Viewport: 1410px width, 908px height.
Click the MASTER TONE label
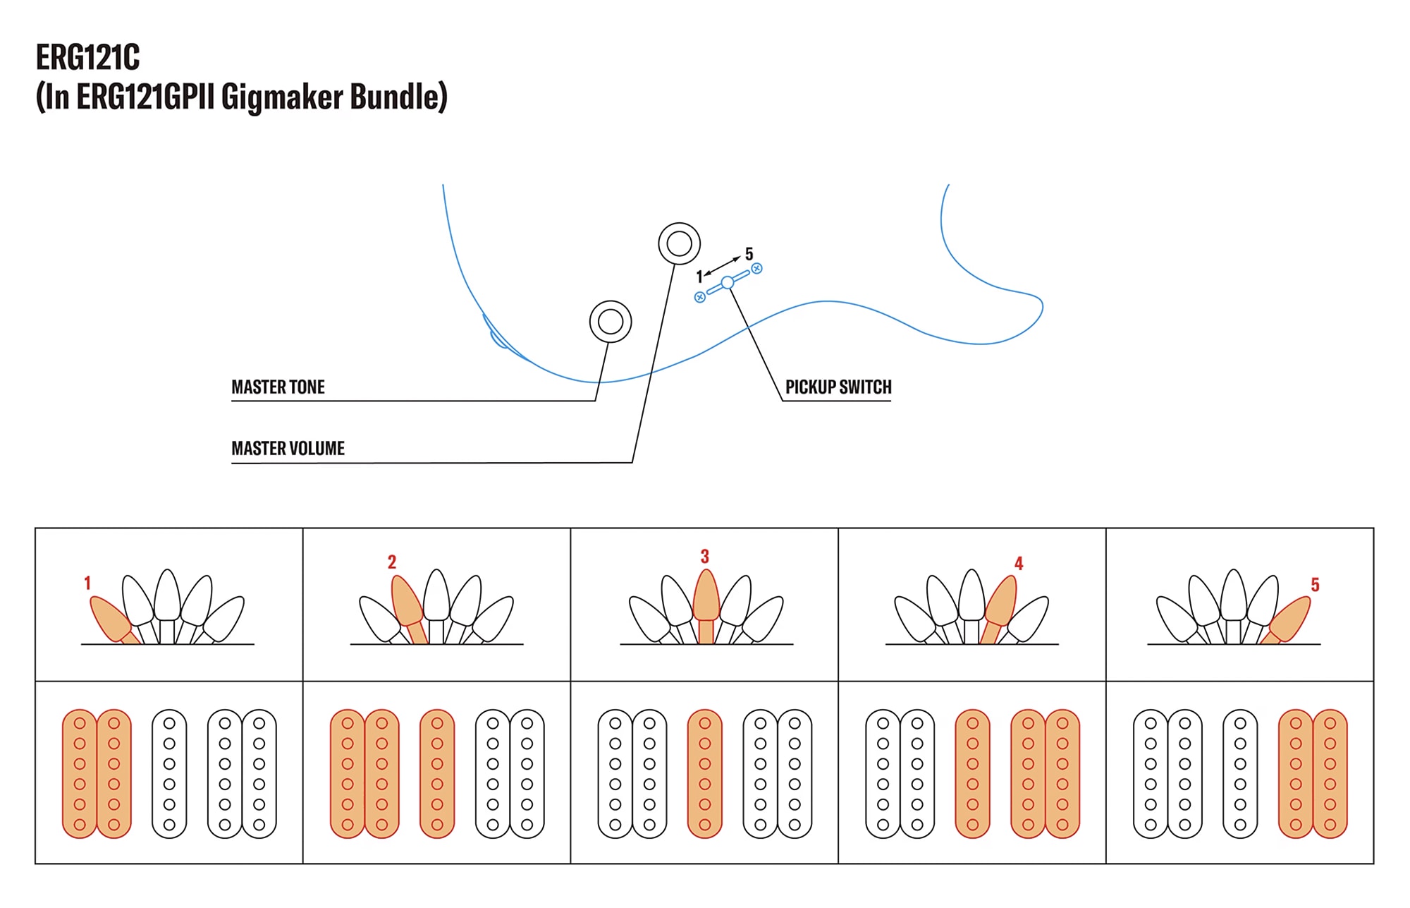click(278, 387)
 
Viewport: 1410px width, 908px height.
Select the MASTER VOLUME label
click(288, 449)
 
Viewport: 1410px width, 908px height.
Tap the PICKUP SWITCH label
click(838, 387)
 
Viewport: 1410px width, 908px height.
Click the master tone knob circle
click(611, 322)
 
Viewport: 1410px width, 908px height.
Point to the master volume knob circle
click(679, 243)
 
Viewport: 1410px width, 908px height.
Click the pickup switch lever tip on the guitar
click(728, 282)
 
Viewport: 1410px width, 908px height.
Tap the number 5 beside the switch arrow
click(749, 253)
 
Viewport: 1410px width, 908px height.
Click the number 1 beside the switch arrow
click(699, 277)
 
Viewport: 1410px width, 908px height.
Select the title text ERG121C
click(88, 58)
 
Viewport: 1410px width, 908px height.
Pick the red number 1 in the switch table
click(87, 583)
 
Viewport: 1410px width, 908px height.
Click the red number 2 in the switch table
click(392, 562)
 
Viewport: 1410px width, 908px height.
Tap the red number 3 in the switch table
click(704, 557)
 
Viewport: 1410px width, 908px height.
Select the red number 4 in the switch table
click(1019, 564)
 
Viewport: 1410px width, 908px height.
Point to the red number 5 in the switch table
click(1315, 585)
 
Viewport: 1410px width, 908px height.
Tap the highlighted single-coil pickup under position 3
click(705, 774)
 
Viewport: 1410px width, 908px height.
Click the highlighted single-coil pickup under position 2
click(437, 774)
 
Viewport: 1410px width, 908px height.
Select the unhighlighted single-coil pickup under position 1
click(169, 774)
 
